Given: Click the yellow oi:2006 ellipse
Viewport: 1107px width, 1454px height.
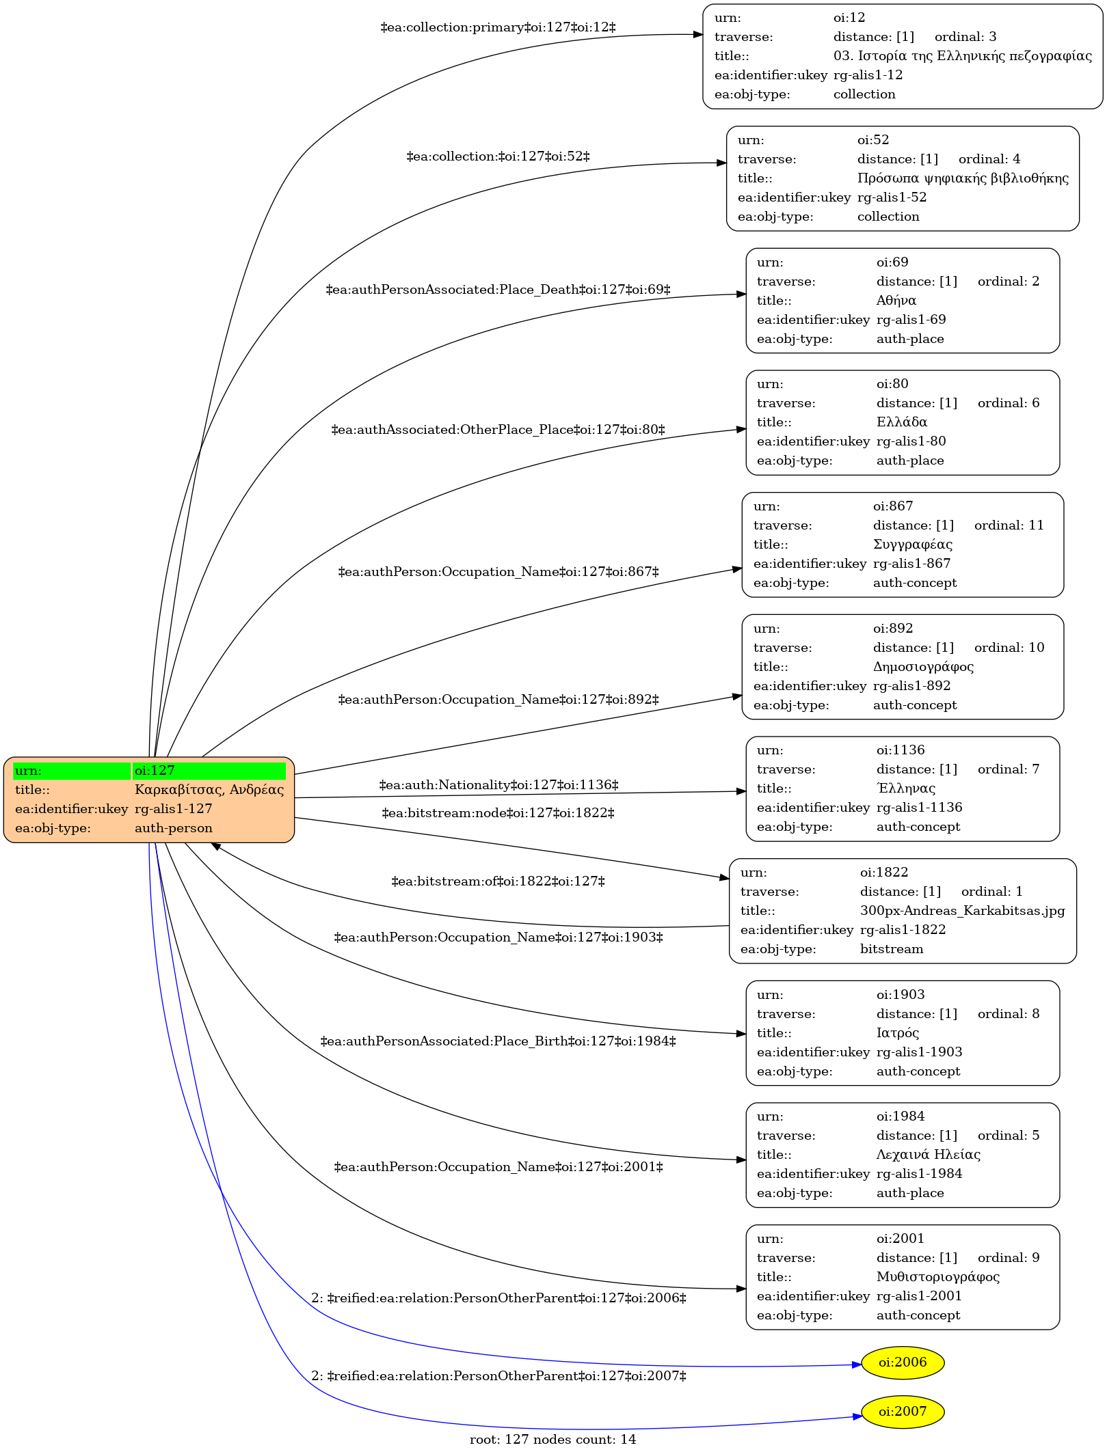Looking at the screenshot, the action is click(903, 1362).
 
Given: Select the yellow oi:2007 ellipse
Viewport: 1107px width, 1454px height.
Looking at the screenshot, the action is click(903, 1412).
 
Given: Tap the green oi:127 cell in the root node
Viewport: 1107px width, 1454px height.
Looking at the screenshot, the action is click(209, 771).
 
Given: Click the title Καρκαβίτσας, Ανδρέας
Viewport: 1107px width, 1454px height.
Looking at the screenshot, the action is click(209, 790).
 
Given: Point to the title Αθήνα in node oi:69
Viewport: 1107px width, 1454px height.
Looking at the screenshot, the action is click(896, 301).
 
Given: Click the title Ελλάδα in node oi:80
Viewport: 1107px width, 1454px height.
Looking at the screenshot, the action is click(902, 422).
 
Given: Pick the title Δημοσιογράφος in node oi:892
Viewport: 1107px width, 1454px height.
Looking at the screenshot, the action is click(923, 667).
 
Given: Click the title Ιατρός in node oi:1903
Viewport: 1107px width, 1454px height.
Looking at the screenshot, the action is click(898, 1033).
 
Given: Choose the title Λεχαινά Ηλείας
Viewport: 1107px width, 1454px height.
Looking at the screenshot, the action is click(929, 1155).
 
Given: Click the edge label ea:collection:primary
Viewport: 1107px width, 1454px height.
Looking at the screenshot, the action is click(498, 27).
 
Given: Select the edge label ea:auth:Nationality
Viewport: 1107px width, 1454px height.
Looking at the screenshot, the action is click(498, 785).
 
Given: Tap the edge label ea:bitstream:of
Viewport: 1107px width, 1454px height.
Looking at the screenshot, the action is click(498, 881).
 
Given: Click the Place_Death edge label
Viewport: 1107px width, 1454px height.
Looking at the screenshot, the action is click(498, 290).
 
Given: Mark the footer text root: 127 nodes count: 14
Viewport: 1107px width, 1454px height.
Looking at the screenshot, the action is click(552, 1440).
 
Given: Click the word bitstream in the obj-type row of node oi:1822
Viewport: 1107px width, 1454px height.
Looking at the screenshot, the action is click(892, 949).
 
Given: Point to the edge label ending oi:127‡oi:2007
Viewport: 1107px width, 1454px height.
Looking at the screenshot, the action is click(498, 1376).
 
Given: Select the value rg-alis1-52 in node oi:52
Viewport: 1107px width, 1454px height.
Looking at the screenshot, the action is click(892, 197).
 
